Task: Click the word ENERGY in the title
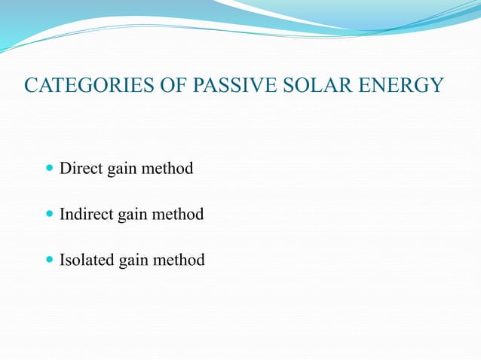point(404,85)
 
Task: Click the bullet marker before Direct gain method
point(50,169)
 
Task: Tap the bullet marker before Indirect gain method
point(50,215)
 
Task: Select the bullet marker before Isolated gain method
point(50,261)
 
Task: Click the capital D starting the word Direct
point(65,168)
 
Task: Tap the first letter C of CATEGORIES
point(32,85)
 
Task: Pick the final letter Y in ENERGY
point(437,85)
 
